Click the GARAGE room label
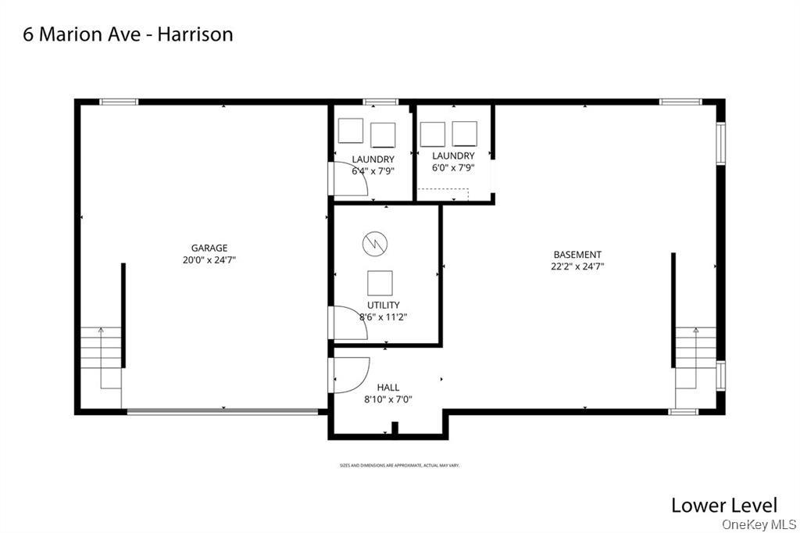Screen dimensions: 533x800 tap(209, 249)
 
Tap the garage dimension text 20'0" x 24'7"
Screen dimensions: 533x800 tap(209, 260)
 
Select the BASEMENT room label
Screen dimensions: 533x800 tap(577, 254)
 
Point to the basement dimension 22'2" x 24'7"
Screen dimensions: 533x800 tap(577, 266)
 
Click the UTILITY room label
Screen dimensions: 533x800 tap(383, 305)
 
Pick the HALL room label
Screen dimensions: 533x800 tap(387, 387)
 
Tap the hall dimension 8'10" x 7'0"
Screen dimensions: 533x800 tap(387, 399)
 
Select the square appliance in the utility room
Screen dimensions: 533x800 tap(380, 282)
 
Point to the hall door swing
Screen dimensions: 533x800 tap(350, 375)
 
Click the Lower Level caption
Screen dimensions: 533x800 tap(724, 505)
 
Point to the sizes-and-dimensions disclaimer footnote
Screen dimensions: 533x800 tap(399, 465)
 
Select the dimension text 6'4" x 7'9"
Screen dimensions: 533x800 tap(373, 170)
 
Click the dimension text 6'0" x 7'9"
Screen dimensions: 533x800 tap(453, 167)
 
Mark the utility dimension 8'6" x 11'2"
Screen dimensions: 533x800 tap(383, 317)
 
